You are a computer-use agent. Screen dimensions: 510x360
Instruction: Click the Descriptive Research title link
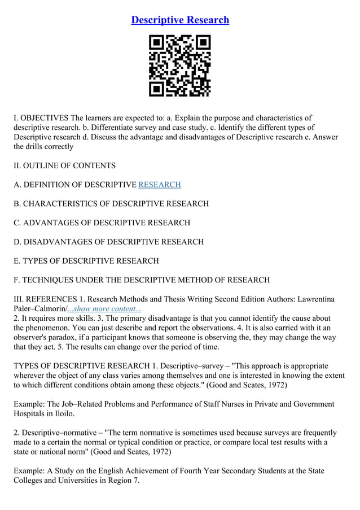pyautogui.click(x=180, y=20)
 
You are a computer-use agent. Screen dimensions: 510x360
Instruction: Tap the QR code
pyautogui.click(x=179, y=66)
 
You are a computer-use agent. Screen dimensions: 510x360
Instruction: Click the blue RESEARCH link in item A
pyautogui.click(x=160, y=185)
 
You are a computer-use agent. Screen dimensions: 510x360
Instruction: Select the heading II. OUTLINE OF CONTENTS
pyautogui.click(x=65, y=165)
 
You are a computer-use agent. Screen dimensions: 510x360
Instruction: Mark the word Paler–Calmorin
pyautogui.click(x=39, y=308)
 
